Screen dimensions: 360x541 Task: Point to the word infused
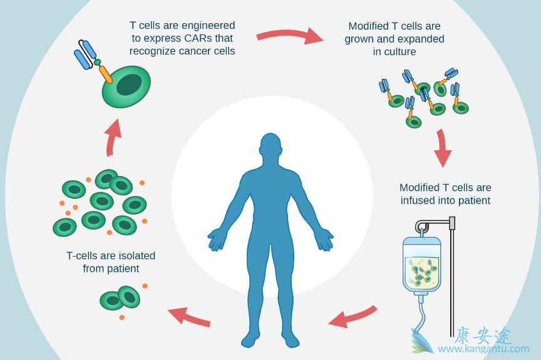click(x=417, y=200)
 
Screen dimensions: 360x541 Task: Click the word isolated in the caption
click(x=135, y=255)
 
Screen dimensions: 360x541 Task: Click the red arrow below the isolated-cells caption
click(x=188, y=316)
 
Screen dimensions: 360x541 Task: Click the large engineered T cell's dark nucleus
click(x=129, y=85)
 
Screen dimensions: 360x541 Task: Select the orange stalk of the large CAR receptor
click(x=106, y=74)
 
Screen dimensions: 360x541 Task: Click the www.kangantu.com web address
click(x=483, y=349)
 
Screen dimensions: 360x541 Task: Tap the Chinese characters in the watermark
click(x=483, y=334)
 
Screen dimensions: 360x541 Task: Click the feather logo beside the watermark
click(x=421, y=341)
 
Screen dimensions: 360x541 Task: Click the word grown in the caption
click(x=358, y=39)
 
